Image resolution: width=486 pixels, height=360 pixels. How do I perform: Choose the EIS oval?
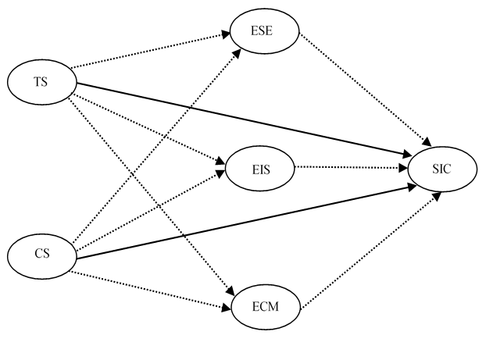tap(260, 167)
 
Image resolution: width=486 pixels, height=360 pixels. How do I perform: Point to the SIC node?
tap(441, 168)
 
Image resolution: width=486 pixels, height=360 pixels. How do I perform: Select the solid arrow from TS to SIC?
tap(234, 116)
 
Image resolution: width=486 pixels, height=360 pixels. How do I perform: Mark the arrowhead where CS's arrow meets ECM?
tap(227, 297)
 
